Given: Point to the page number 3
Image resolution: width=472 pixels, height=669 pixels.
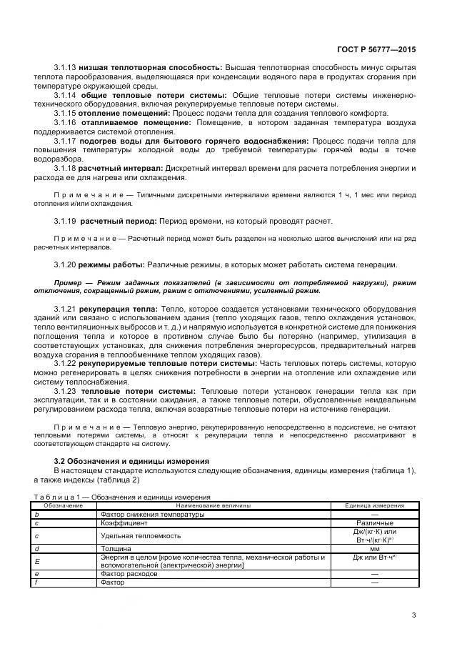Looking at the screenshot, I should coord(413,614).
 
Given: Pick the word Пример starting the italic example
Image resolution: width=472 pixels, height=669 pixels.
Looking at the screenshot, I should coord(69,283).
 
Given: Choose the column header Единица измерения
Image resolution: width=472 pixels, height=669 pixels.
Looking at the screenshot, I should coord(374,505).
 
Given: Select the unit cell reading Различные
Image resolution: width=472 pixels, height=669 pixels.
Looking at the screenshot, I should coord(374,522).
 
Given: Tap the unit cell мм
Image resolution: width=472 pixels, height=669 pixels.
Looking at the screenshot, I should coord(374,548).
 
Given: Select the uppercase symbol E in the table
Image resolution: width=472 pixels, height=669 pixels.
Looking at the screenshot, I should coord(37,561).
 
